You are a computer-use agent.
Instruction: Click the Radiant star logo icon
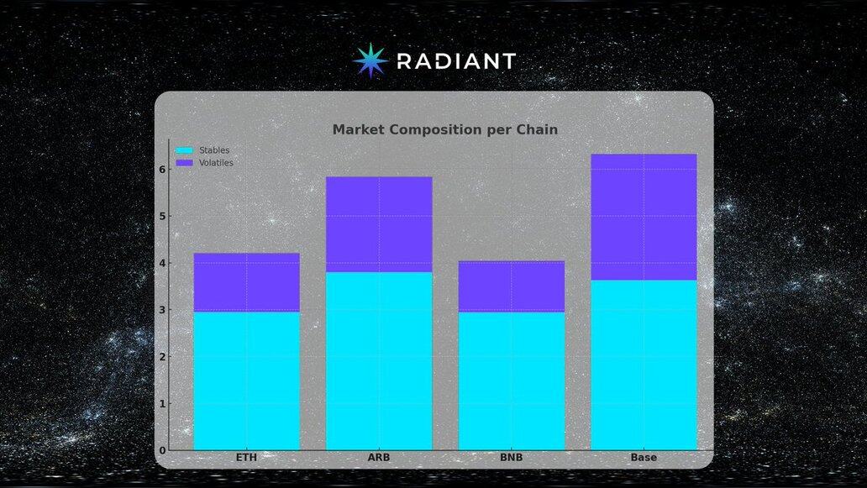370,60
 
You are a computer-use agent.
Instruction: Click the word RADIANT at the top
457,60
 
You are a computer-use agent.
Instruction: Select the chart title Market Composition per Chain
445,129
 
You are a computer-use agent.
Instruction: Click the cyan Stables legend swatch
184,150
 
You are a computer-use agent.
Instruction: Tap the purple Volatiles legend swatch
184,163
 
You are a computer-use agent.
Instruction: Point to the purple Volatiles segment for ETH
247,282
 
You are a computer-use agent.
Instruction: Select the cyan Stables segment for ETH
247,380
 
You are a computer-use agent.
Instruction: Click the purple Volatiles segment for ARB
379,224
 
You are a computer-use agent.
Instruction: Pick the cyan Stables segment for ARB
379,361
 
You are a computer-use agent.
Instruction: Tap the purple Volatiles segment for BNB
512,286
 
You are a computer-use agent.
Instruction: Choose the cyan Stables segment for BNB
512,380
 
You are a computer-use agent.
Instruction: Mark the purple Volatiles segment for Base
644,218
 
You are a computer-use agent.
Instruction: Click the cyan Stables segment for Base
644,365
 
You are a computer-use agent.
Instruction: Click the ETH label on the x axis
247,458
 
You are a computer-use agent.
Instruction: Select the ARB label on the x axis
379,458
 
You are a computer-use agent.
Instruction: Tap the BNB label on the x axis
512,458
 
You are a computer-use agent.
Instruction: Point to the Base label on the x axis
644,458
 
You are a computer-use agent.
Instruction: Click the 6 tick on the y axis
162,169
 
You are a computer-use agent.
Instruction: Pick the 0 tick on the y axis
162,450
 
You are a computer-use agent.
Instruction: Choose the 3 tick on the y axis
162,310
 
